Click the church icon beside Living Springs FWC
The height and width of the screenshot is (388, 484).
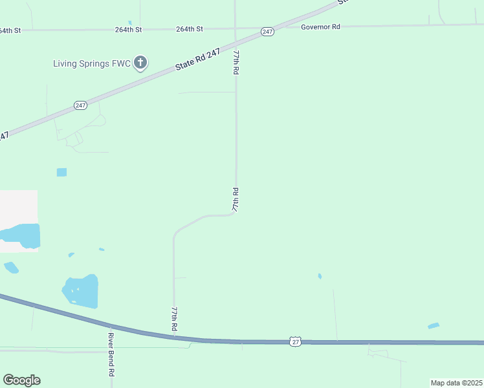pos(141,63)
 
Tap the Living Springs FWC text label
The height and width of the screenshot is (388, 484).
pos(92,63)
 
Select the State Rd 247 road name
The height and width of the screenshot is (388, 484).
pos(199,59)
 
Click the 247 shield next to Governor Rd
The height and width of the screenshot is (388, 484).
pos(268,31)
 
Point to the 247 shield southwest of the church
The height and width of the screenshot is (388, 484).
pos(80,105)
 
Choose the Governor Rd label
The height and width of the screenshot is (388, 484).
pos(320,27)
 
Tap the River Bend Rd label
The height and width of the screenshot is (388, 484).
pos(111,354)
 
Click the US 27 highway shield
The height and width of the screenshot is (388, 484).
pos(295,341)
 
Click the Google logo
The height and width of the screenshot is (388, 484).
pos(21,380)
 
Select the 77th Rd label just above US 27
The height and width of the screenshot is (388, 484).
pos(174,319)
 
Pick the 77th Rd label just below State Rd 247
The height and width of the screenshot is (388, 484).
pos(236,62)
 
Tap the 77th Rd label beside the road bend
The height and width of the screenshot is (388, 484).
pos(236,200)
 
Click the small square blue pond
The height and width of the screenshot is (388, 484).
pos(61,172)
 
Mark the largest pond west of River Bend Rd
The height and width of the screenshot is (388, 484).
pos(82,290)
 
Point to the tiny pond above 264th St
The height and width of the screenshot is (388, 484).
pos(130,23)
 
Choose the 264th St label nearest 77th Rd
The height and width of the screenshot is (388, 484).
pos(190,29)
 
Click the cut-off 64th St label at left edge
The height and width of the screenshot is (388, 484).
pos(10,30)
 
